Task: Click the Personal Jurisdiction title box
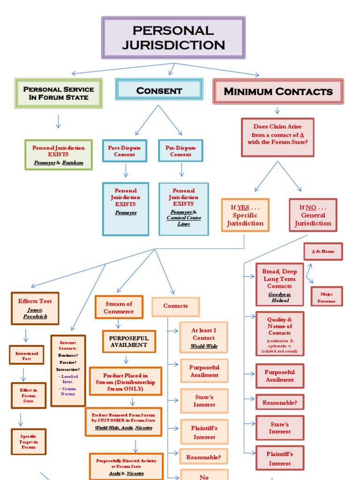point(173,37)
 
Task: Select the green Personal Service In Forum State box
point(59,93)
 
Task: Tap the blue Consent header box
point(159,90)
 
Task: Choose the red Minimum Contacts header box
point(278,91)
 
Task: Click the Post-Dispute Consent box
point(125,151)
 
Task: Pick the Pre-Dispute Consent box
point(181,151)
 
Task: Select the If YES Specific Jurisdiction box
point(245,215)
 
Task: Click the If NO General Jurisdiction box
point(313,215)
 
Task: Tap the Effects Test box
point(35,308)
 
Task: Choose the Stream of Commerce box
point(119,307)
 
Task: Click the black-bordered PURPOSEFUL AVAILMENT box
point(128,341)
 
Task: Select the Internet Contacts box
point(68,370)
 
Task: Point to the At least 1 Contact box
point(204,337)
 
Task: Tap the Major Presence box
point(326,297)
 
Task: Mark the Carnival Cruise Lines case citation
point(184,221)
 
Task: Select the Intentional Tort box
point(27,355)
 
